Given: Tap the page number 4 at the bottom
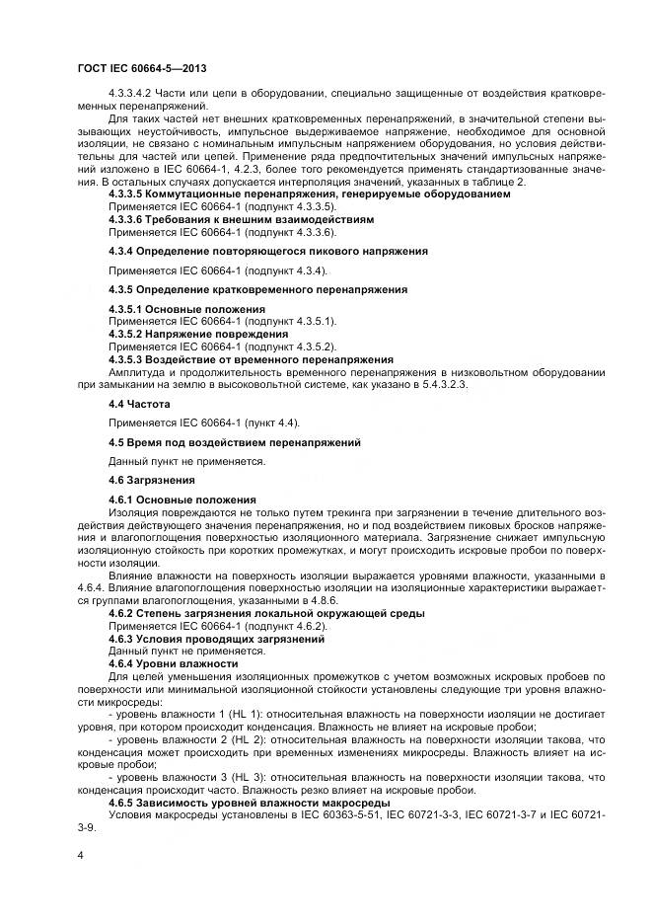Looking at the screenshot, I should click(80, 853).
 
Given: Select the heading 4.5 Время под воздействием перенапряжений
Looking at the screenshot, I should click(235, 441).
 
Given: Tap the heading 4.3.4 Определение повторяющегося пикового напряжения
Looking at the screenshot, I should click(268, 251).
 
